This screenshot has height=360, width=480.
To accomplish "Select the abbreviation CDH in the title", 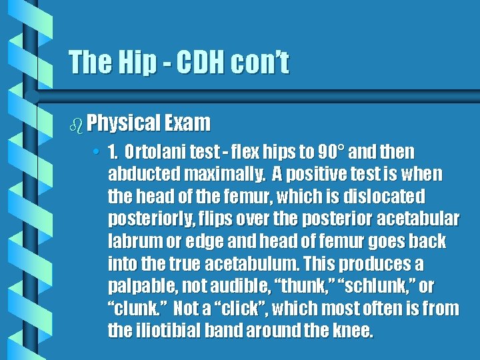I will pos(197,63).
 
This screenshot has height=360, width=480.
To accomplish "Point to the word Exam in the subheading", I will pos(189,123).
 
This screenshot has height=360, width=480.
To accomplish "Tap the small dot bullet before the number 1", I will pos(97,152).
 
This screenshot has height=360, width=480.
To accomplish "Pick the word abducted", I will pos(141,174).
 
